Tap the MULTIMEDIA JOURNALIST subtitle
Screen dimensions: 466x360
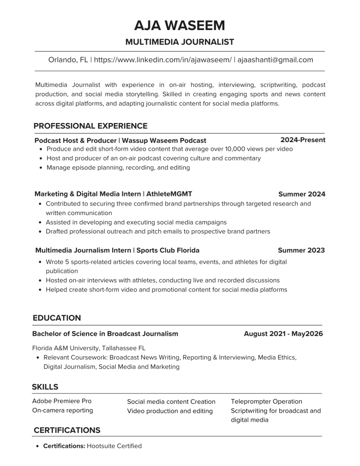pos(179,42)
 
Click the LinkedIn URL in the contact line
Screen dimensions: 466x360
pos(163,60)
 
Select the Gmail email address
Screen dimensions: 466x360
pos(275,60)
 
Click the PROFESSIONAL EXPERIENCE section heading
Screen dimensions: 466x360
pos(90,126)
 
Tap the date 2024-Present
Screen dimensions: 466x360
pos(303,140)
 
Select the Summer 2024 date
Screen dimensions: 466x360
pos(302,194)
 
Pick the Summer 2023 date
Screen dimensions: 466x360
pos(301,250)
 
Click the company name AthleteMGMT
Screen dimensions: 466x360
pos(169,194)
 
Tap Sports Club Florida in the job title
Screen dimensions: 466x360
pos(168,250)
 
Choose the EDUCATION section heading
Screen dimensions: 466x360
pos(57,318)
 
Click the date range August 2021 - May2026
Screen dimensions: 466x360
pos(283,334)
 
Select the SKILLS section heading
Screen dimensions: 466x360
pos(45,387)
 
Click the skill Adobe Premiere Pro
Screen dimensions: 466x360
pos(62,401)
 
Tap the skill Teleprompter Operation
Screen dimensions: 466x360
pos(266,401)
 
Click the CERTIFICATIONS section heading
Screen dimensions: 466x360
pos(67,430)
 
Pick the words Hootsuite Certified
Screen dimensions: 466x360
pos(114,446)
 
